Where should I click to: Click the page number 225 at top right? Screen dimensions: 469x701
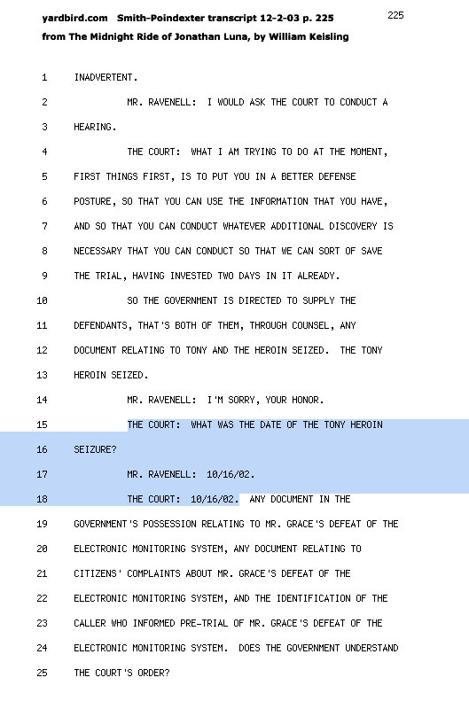point(395,15)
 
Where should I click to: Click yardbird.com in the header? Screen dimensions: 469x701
point(74,19)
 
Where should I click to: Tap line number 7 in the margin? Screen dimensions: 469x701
point(44,226)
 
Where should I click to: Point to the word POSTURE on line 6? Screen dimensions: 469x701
point(92,202)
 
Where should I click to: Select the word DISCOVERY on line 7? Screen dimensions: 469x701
point(353,226)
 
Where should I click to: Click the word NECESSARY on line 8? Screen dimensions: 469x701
point(98,252)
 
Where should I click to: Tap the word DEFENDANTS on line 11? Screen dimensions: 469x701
point(100,325)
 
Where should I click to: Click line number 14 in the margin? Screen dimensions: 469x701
point(42,400)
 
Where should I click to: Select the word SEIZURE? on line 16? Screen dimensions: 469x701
point(95,449)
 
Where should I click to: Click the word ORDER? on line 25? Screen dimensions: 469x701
point(153,673)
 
